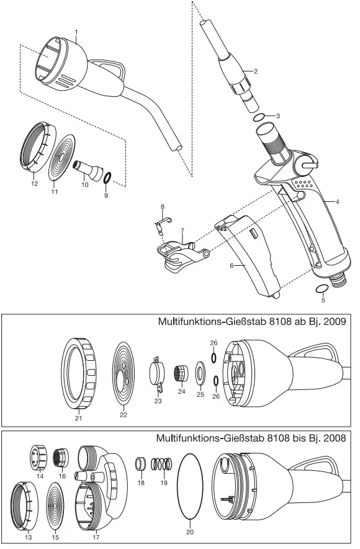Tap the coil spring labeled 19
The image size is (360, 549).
pyautogui.click(x=163, y=465)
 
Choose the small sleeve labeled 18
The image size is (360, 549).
pyautogui.click(x=140, y=464)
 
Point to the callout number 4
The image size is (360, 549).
pyautogui.click(x=338, y=202)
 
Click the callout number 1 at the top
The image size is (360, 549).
pyautogui.click(x=76, y=31)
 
